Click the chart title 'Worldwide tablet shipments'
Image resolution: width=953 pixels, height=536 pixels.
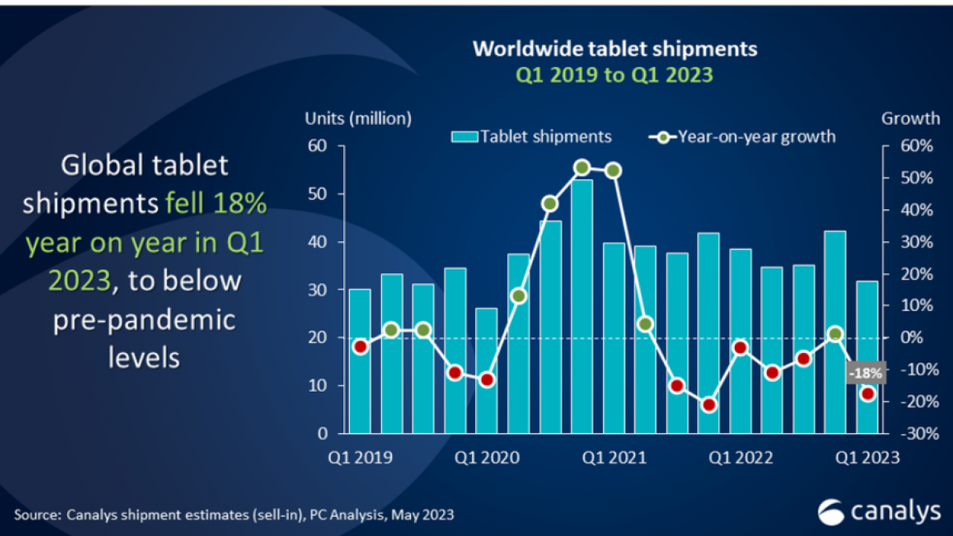(615, 49)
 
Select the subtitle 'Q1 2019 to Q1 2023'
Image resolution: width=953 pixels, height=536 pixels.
(615, 74)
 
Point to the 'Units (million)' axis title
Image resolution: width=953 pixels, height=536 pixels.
(358, 118)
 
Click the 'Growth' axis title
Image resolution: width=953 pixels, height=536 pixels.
(910, 118)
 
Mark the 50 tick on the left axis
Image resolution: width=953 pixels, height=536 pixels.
(317, 194)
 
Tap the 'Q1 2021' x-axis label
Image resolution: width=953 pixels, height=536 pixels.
(615, 457)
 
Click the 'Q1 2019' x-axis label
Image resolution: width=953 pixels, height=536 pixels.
(360, 457)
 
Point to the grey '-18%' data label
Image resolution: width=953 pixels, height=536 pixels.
(866, 373)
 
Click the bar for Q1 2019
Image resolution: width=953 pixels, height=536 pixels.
(360, 360)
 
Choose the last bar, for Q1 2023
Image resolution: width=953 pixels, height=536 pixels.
(867, 357)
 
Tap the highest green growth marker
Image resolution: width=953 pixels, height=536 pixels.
(582, 167)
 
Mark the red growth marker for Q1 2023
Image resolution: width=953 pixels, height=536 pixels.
(867, 394)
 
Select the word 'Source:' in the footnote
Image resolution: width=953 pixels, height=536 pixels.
(36, 514)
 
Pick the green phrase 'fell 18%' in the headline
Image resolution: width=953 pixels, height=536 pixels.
(216, 202)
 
